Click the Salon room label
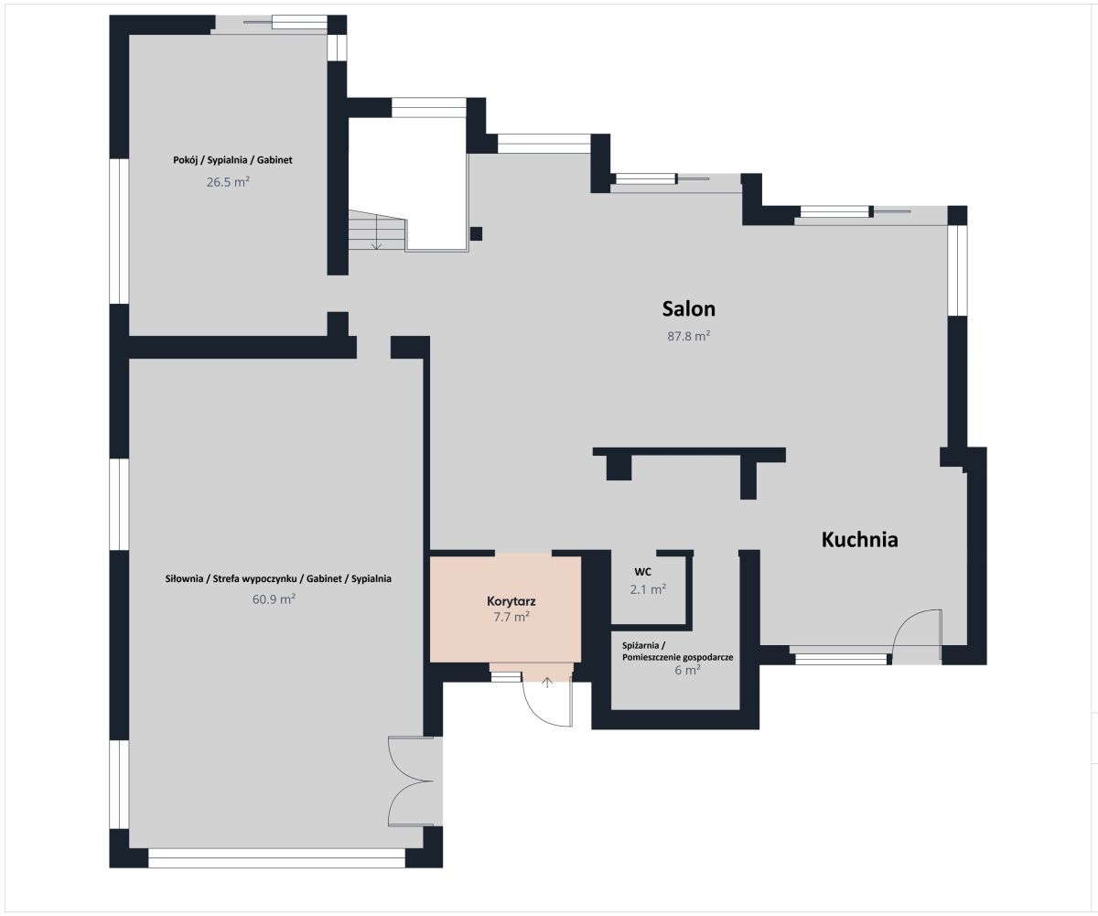point(688,308)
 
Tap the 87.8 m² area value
point(689,336)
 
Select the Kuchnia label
point(860,540)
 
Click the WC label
point(643,572)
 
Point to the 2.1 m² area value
point(648,589)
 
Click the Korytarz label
point(511,601)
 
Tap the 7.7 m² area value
point(511,617)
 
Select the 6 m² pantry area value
point(687,670)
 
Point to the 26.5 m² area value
point(228,182)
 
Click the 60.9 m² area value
point(274,599)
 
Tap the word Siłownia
point(184,579)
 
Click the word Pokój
point(185,160)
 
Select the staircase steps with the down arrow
point(377,231)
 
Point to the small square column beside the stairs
point(476,233)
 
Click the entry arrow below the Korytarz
point(547,683)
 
